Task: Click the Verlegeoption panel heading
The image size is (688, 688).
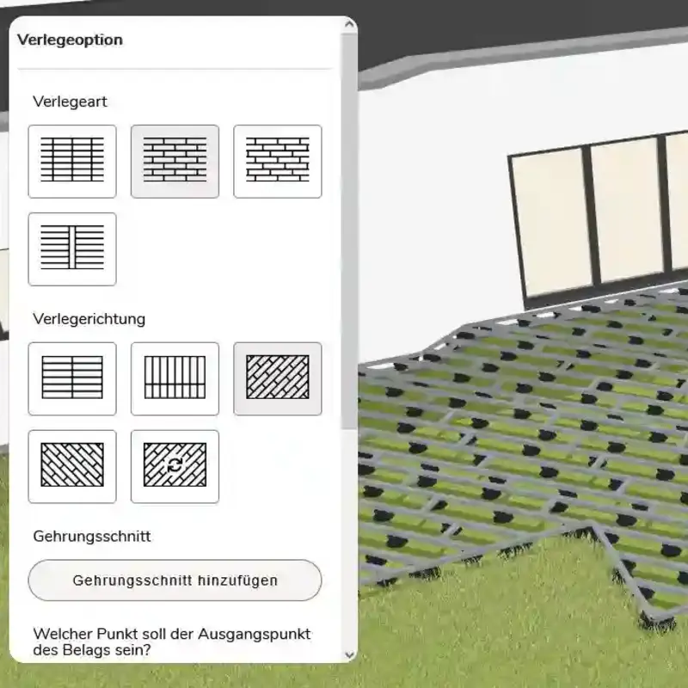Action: (71, 40)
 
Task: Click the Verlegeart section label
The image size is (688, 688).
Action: (70, 101)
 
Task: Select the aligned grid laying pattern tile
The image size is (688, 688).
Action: (72, 161)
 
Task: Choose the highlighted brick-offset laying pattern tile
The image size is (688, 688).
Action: (175, 161)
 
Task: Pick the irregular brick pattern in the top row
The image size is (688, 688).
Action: (277, 161)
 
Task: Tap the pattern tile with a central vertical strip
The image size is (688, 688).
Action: (72, 249)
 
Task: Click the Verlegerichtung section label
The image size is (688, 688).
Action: (89, 319)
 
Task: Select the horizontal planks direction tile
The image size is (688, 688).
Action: (72, 378)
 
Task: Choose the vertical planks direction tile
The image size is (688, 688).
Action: (175, 378)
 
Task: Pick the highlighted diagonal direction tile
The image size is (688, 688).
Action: (277, 378)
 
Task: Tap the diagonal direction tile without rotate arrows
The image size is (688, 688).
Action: (72, 466)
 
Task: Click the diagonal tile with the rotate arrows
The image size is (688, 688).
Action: (175, 466)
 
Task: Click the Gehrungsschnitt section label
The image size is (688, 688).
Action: (92, 536)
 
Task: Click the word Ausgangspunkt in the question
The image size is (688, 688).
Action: (254, 635)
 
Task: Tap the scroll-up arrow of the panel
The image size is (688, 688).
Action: (349, 24)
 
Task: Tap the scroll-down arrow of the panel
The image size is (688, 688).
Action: (349, 654)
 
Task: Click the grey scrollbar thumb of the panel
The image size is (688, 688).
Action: (349, 231)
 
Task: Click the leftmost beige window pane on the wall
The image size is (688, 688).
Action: (551, 221)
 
